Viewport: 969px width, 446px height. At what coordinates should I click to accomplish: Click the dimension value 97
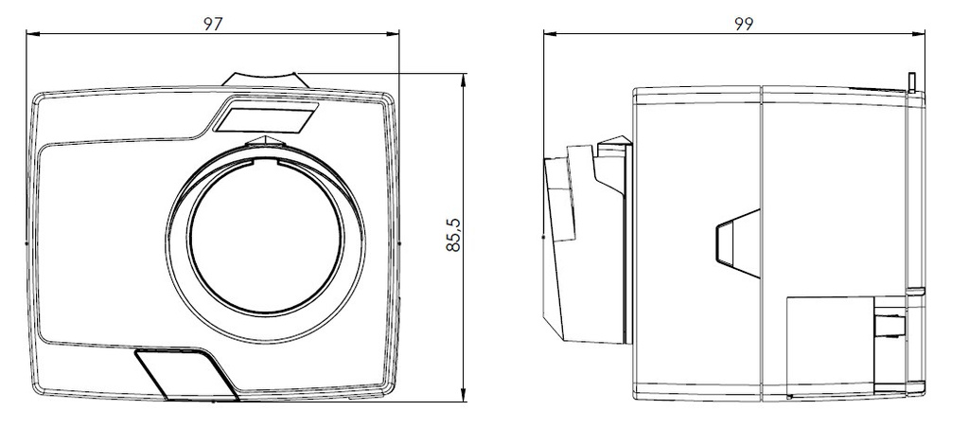click(213, 24)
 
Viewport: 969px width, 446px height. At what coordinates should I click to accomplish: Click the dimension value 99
click(744, 24)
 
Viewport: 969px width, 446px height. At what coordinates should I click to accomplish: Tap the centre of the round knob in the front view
click(265, 243)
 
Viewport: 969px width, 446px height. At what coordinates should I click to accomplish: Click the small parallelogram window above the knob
click(265, 116)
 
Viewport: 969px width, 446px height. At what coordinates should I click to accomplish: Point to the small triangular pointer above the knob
click(265, 142)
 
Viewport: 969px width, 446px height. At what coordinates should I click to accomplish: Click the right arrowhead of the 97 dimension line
click(393, 34)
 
